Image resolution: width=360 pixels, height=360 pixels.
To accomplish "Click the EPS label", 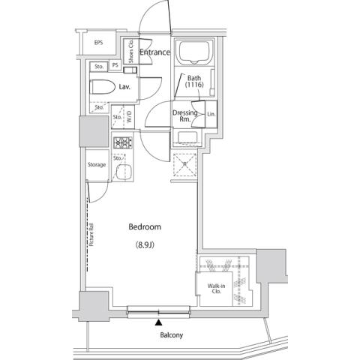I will pos(98,43).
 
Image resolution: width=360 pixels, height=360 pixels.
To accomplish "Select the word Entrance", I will pos(155,52).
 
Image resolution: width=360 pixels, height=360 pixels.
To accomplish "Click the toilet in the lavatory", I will pos(100,87).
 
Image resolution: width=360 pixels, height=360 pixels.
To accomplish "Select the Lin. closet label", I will pos(211,114).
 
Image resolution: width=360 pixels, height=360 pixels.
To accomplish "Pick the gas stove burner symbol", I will pos(122,142).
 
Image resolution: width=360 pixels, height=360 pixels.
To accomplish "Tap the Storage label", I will pos(96,164).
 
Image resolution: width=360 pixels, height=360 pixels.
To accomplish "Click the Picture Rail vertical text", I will pos(90,232).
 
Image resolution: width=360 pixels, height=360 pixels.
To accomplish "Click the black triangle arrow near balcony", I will pos(157,323).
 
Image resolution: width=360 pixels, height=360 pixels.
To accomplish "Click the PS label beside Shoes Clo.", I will pos(115,65).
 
